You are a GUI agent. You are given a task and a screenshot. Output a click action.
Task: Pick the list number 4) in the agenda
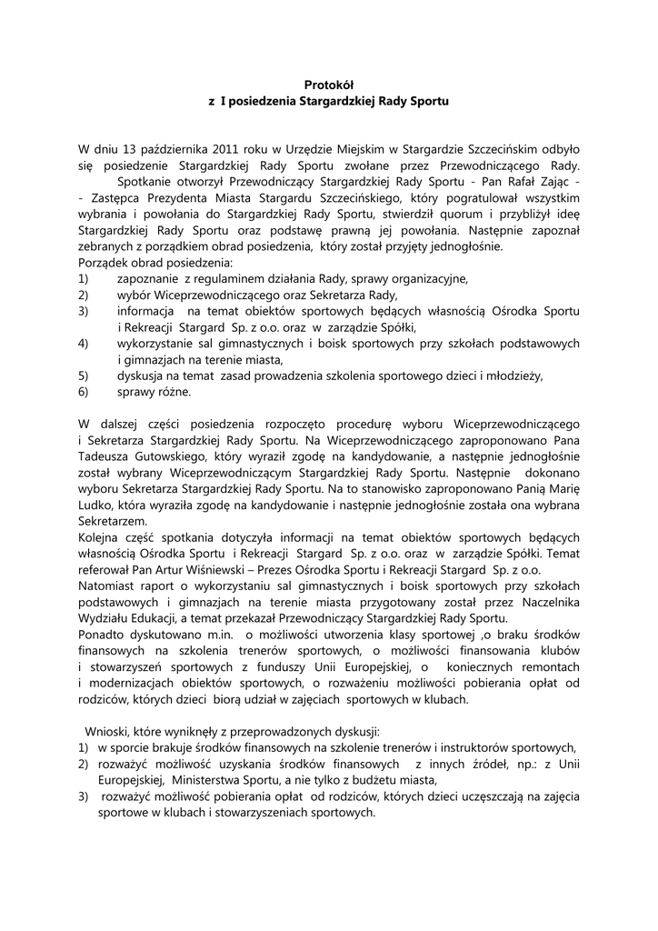(84, 345)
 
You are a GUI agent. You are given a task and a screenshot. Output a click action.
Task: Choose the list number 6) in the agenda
(84, 393)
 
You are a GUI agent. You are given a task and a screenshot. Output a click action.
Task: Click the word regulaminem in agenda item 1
(237, 279)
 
